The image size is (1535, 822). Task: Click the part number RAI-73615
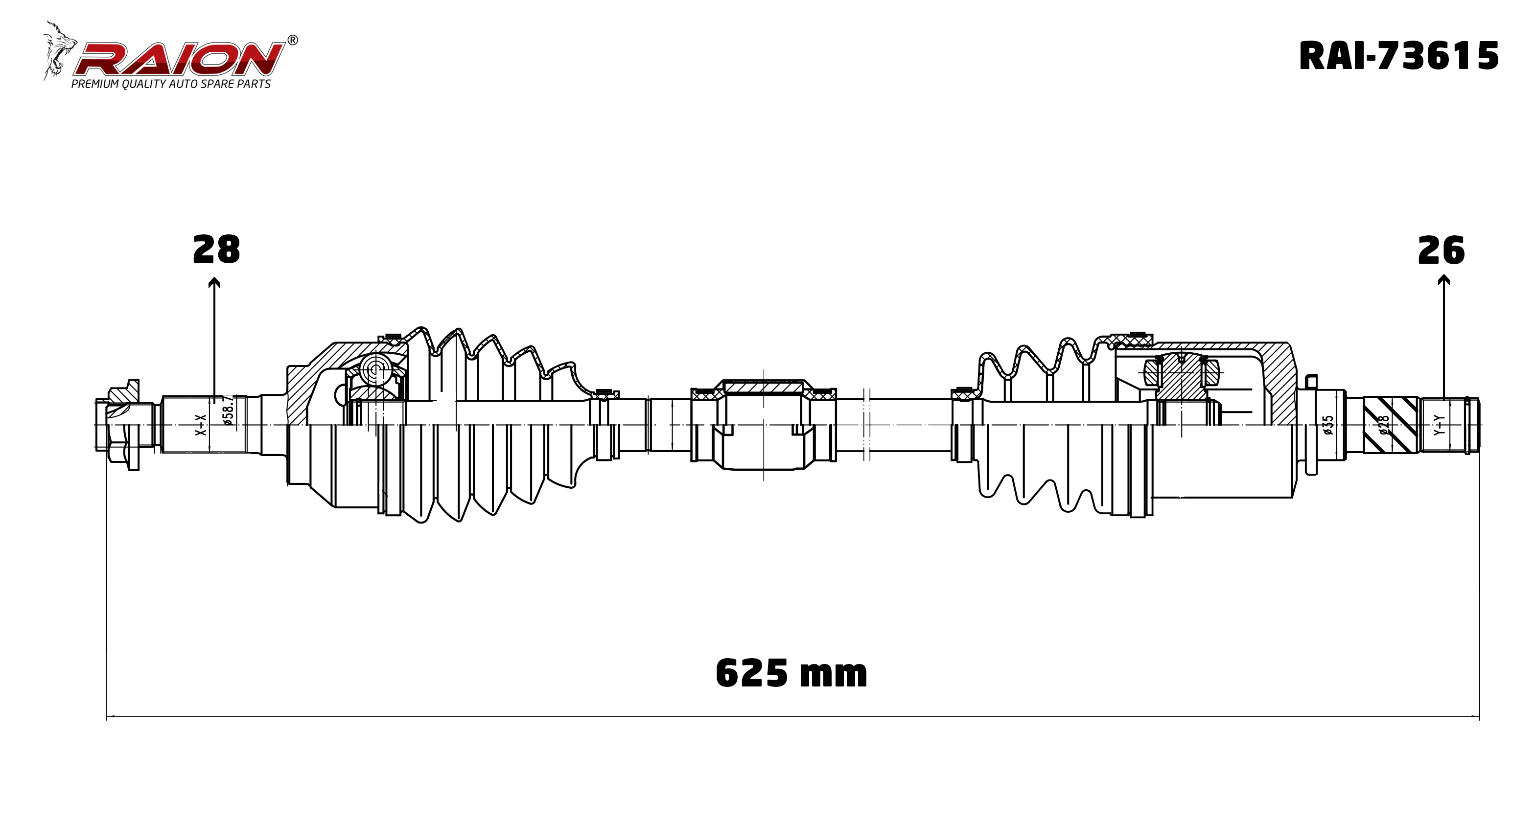pyautogui.click(x=1398, y=57)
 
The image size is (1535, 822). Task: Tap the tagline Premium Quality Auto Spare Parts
pyautogui.click(x=171, y=84)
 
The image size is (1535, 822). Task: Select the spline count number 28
pyautogui.click(x=216, y=250)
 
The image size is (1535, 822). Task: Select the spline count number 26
pyautogui.click(x=1441, y=251)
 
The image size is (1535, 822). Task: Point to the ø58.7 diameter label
pyautogui.click(x=228, y=411)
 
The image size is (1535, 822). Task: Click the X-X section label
pyautogui.click(x=201, y=425)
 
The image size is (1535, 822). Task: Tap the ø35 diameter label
pyautogui.click(x=1328, y=425)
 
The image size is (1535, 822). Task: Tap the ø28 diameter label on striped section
pyautogui.click(x=1384, y=425)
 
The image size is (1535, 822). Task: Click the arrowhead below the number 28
pyautogui.click(x=214, y=282)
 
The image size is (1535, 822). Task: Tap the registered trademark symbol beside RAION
pyautogui.click(x=293, y=41)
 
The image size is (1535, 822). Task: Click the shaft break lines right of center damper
pyautogui.click(x=867, y=424)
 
